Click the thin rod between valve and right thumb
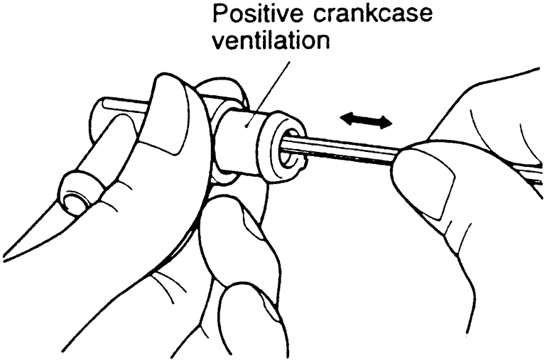coord(348,151)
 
